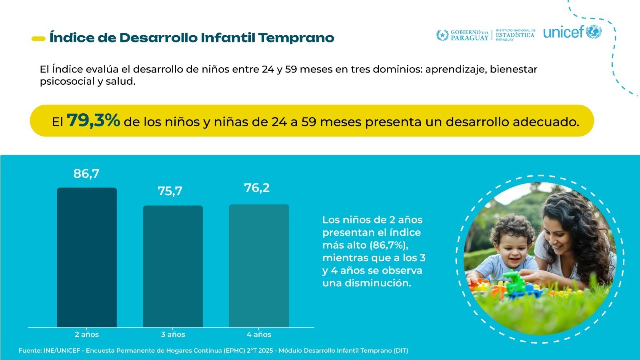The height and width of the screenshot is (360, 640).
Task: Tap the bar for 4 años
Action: coord(259,266)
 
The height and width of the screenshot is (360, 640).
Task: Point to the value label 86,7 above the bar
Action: coord(86,174)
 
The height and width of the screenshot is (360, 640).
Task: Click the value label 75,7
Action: coord(170,191)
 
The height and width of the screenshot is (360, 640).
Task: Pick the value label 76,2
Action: coord(257,188)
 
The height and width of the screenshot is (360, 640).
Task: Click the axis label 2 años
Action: coord(87,334)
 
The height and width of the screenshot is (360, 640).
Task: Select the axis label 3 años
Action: coord(173,334)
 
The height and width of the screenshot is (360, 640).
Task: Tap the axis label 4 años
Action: coord(259,334)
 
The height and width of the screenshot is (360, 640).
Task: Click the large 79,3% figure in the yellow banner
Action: coord(94,120)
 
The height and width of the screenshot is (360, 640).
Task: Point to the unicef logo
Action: coord(572,32)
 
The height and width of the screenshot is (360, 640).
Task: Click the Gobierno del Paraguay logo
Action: coord(462,35)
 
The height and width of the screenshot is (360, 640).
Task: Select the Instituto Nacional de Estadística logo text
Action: coord(515,35)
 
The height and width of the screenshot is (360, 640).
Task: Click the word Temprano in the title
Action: coord(296,38)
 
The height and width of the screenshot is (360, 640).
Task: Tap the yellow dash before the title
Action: coord(38,38)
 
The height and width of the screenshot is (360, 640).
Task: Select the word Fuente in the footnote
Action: coord(30,351)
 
